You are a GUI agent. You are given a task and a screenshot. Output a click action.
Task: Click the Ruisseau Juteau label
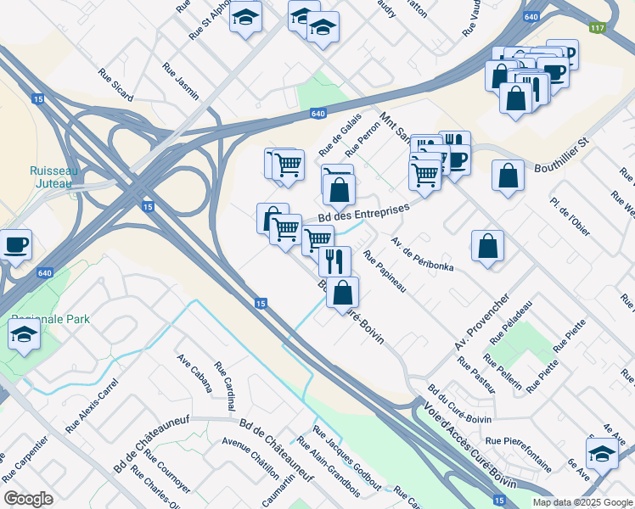(x=54, y=176)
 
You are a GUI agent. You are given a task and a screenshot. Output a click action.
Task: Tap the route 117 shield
(x=598, y=28)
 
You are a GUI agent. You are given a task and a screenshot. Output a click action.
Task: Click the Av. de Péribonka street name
(x=422, y=255)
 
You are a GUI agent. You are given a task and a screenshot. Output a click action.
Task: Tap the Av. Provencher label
(x=480, y=323)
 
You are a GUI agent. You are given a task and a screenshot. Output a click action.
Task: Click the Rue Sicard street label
(x=115, y=85)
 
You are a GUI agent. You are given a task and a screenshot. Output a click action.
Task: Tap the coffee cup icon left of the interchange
(x=16, y=245)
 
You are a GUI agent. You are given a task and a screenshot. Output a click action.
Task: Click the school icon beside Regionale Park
(x=25, y=336)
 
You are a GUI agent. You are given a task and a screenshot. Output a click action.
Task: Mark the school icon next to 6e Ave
(x=602, y=452)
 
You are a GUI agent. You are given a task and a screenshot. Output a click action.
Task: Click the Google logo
(x=29, y=499)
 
